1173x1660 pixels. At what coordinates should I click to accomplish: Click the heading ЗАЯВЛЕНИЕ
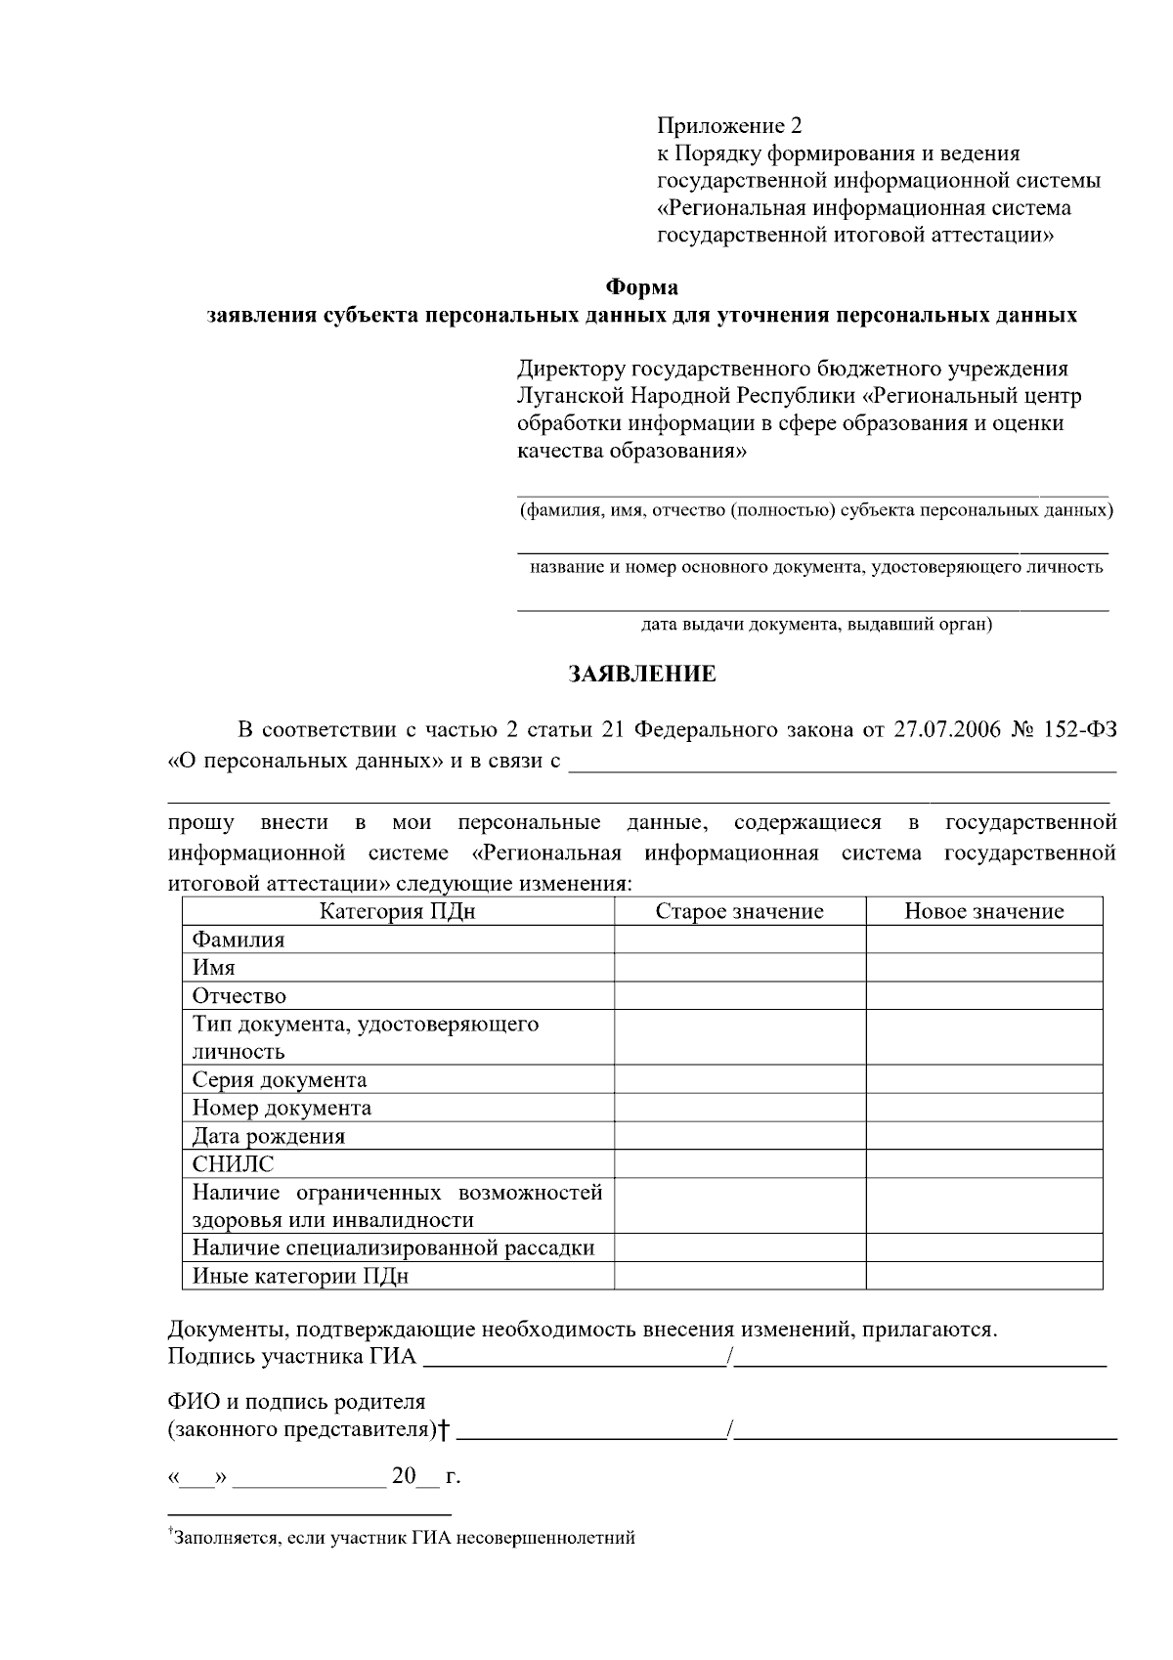(x=642, y=675)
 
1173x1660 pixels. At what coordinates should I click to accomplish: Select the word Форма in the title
(x=641, y=287)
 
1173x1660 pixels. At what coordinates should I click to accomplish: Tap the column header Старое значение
(x=739, y=911)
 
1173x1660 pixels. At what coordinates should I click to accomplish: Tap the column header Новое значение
(x=983, y=911)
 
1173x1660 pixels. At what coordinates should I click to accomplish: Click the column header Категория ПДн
(x=398, y=911)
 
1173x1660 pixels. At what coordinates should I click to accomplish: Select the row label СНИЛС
(x=233, y=1164)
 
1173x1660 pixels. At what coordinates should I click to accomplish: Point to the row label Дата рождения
(x=269, y=1136)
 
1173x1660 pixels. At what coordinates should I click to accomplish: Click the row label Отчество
(x=239, y=996)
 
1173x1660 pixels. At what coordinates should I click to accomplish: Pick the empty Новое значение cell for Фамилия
(x=983, y=939)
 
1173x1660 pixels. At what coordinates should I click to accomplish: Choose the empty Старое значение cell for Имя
(x=739, y=968)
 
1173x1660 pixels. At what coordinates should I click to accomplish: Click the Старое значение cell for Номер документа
(x=739, y=1108)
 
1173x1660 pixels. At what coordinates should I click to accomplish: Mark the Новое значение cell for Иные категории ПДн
(x=983, y=1276)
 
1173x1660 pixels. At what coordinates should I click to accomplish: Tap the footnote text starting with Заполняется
(x=404, y=1538)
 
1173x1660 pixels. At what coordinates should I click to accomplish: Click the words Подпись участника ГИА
(x=291, y=1357)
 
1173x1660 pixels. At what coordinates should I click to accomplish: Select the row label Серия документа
(x=280, y=1080)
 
